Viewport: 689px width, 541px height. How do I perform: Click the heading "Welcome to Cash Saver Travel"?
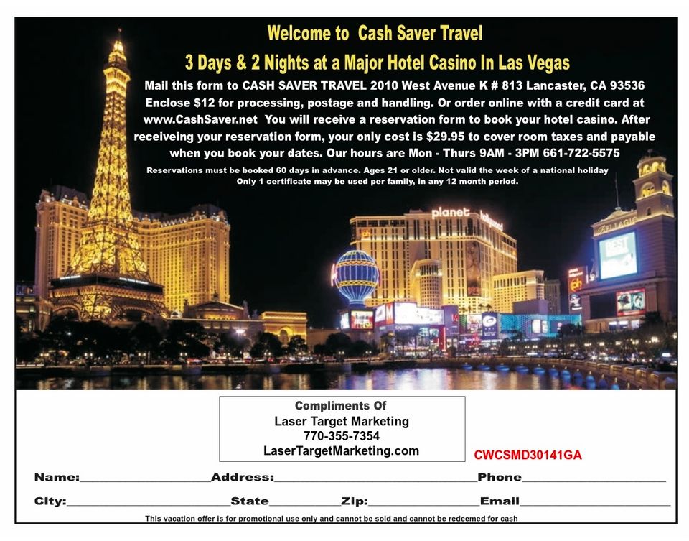pyautogui.click(x=375, y=33)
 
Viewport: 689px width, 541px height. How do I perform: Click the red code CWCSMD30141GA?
pyautogui.click(x=528, y=455)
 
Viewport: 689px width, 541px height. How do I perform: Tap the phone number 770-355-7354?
pyautogui.click(x=342, y=436)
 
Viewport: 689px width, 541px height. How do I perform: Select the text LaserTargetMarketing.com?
pyautogui.click(x=342, y=450)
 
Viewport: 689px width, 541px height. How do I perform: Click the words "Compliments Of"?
pyautogui.click(x=342, y=406)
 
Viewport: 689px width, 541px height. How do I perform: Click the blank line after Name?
pyautogui.click(x=145, y=479)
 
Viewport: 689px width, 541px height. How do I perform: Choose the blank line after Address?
pyautogui.click(x=375, y=479)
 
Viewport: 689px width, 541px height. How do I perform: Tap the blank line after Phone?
pyautogui.click(x=594, y=479)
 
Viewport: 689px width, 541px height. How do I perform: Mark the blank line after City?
pyautogui.click(x=148, y=503)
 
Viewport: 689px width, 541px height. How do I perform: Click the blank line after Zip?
pyautogui.click(x=423, y=503)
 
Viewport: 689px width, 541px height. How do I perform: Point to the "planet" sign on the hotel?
pyautogui.click(x=451, y=213)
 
